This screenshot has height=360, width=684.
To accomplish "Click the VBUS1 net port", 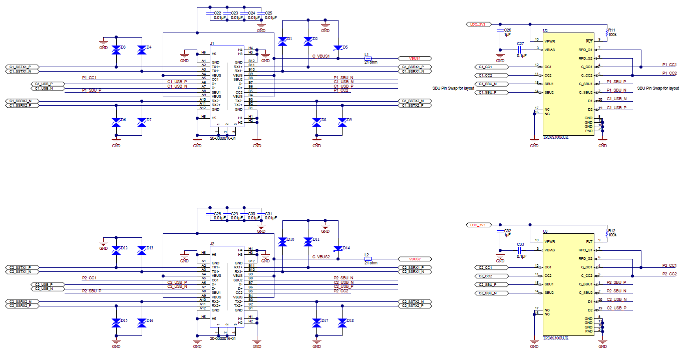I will click(414, 58).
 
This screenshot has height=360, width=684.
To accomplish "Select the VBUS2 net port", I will click(414, 259).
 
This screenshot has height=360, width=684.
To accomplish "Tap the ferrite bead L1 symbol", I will click(367, 58).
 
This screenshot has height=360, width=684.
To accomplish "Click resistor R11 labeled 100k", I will click(606, 32).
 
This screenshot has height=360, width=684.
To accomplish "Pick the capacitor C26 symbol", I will click(499, 32).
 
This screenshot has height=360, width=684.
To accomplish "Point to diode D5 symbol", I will click(339, 48).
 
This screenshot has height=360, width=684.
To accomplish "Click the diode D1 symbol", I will click(282, 42).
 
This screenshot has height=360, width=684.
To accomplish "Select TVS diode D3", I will click(116, 50).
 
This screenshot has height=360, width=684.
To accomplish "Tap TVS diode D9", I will click(343, 122).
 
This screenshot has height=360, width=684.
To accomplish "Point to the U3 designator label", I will click(545, 232).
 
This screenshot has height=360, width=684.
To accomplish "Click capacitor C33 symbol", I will click(521, 250).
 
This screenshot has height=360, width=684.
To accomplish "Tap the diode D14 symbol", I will click(339, 249).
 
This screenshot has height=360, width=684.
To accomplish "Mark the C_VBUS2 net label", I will click(321, 257).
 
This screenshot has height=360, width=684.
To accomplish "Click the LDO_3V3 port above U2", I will click(477, 24).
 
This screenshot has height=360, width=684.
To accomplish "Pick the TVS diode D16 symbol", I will click(142, 322).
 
